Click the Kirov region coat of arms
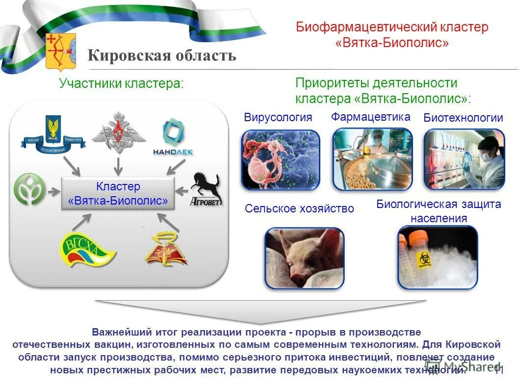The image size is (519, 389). click(x=60, y=52)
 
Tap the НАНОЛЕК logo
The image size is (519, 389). click(x=175, y=137)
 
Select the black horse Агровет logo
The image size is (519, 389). click(x=206, y=189)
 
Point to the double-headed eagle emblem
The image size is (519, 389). click(x=118, y=133)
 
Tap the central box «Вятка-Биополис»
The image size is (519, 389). click(x=118, y=194)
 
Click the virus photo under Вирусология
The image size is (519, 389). click(x=281, y=159)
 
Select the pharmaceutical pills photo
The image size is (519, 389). click(x=372, y=159)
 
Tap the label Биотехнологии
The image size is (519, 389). click(x=463, y=118)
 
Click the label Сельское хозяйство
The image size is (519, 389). click(x=299, y=209)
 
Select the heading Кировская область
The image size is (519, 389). click(x=162, y=55)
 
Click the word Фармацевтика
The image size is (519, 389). click(x=370, y=117)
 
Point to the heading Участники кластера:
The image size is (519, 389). click(x=121, y=83)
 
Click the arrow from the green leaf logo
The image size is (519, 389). click(x=52, y=191)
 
